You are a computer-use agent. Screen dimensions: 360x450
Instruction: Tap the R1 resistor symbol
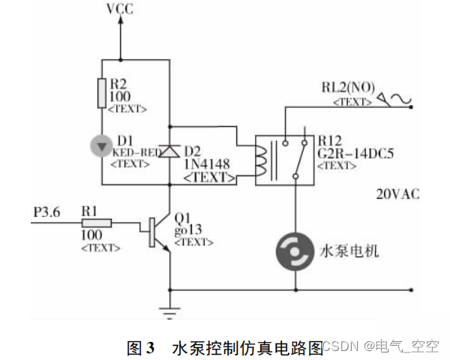(x=96, y=222)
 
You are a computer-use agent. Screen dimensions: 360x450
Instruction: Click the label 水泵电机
(x=349, y=250)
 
